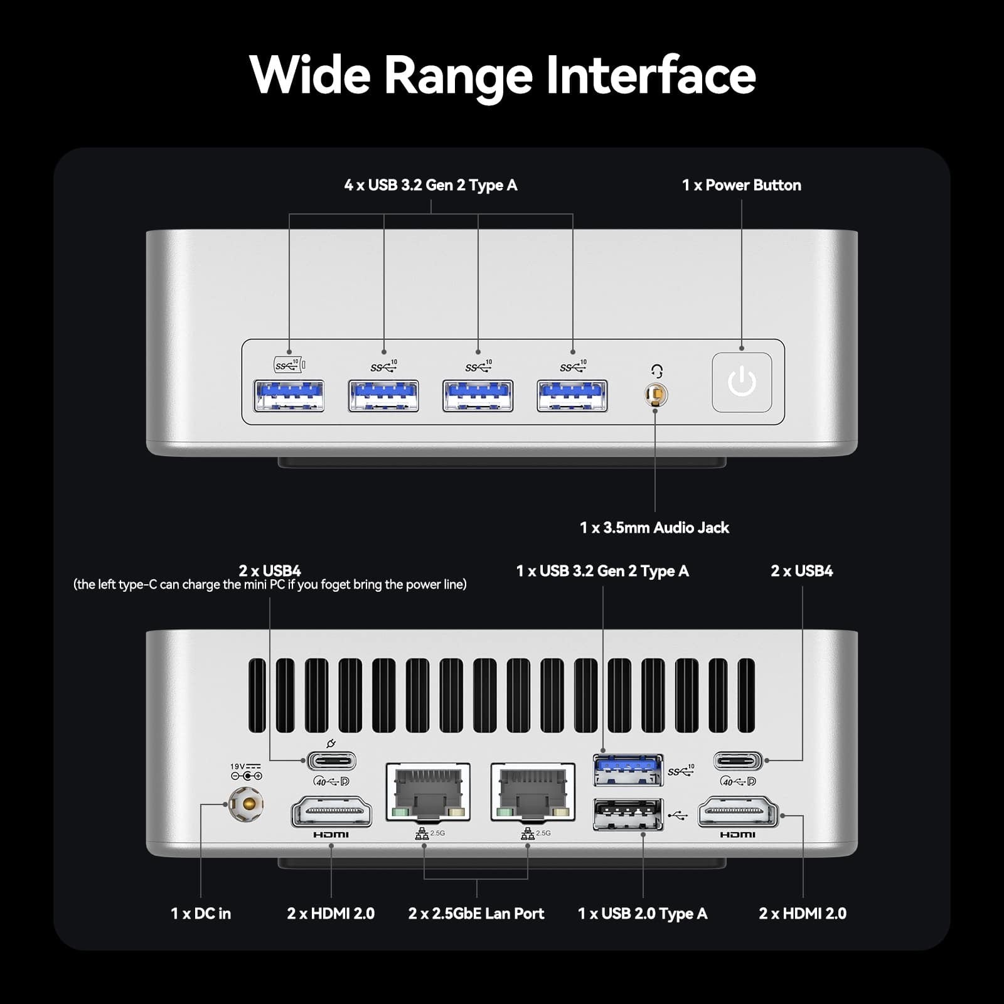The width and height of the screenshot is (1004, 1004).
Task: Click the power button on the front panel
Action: (742, 382)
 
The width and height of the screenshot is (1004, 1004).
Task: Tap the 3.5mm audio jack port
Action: (656, 395)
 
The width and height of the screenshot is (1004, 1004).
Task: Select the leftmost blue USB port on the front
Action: (289, 396)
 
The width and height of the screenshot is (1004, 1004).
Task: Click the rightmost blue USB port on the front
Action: (572, 396)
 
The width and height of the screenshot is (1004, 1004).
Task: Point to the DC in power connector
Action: (245, 804)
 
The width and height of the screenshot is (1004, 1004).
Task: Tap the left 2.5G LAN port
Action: (428, 793)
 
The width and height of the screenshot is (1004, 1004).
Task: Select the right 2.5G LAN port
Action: (533, 793)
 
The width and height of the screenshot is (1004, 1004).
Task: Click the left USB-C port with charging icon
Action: (331, 761)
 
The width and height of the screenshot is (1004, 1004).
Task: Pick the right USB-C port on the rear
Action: (738, 761)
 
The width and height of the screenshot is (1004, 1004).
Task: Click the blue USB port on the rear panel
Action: (628, 770)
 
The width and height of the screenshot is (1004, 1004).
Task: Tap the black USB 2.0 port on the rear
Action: (628, 814)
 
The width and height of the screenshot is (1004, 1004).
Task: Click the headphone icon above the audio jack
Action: (657, 371)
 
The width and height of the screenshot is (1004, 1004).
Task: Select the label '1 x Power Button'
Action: (741, 185)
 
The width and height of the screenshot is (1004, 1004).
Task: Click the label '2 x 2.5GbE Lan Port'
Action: (476, 914)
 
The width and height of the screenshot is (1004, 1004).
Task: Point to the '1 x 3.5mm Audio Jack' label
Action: (654, 528)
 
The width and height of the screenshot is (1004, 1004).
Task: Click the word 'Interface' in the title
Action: (651, 75)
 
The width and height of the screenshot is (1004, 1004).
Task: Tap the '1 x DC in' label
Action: (201, 914)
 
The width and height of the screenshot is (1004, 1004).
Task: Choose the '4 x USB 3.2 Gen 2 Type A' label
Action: (430, 185)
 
